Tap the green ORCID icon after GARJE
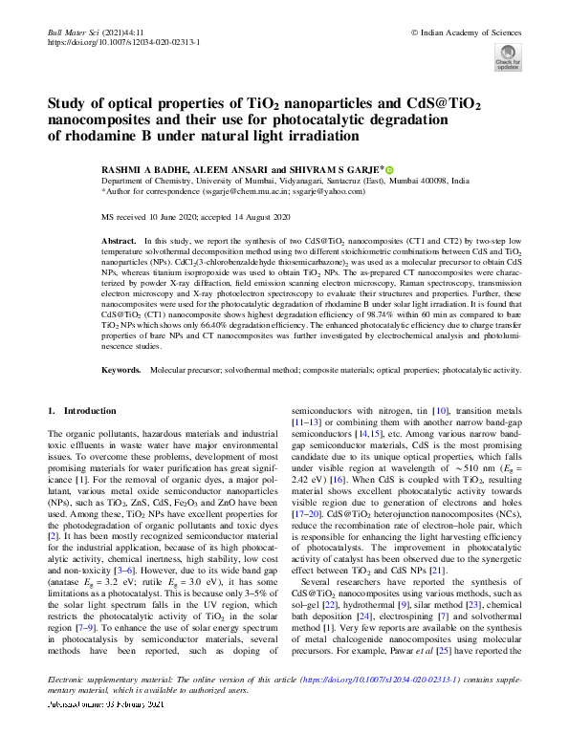[x=389, y=168]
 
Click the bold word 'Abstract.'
[x=119, y=242]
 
